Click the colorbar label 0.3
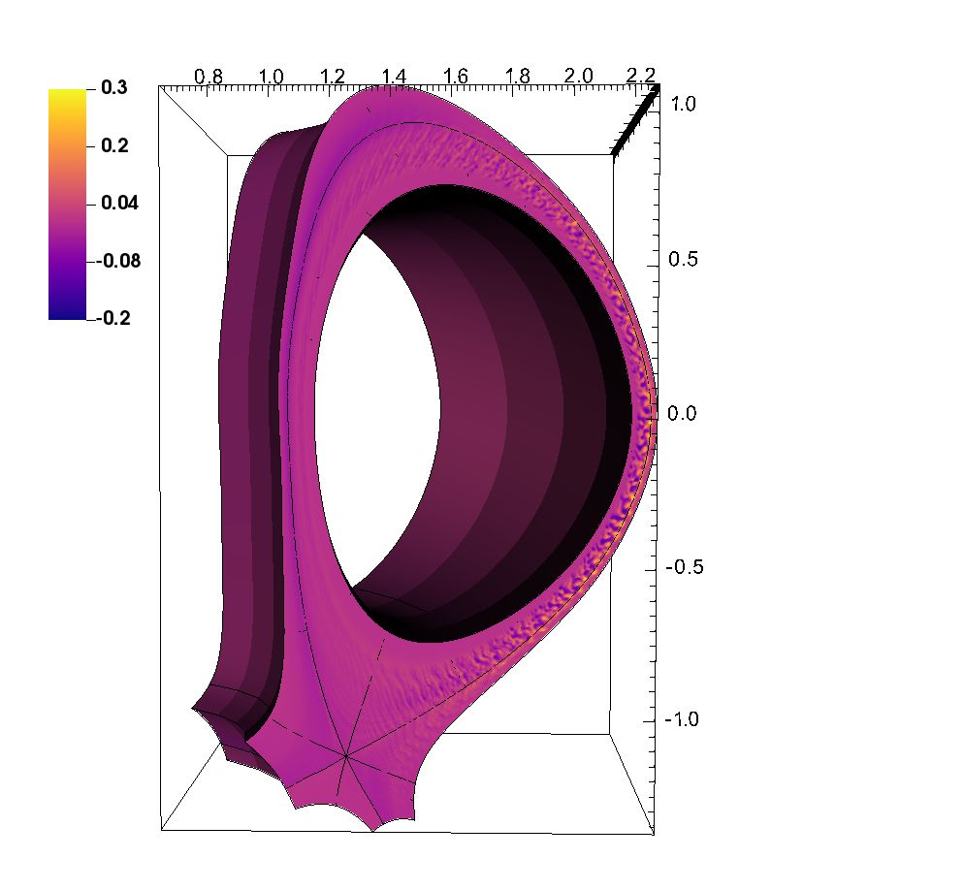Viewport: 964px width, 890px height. click(114, 88)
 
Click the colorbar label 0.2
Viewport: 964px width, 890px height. click(115, 145)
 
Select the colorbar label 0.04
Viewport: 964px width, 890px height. click(120, 203)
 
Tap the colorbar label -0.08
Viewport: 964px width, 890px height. click(118, 261)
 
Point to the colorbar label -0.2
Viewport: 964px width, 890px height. click(113, 318)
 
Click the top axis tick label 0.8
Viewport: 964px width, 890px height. click(209, 77)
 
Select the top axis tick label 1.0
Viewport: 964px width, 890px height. click(271, 77)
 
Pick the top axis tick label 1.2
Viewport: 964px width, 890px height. click(332, 77)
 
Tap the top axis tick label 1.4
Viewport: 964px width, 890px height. click(394, 77)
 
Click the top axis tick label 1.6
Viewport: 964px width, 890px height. click(456, 77)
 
